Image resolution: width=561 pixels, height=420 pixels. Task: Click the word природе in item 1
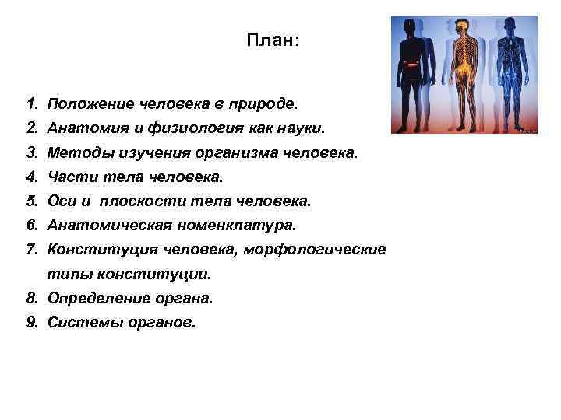tap(263, 103)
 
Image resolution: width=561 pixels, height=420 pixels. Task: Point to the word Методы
tap(74, 152)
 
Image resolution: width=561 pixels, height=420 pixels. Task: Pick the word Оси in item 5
tap(60, 202)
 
